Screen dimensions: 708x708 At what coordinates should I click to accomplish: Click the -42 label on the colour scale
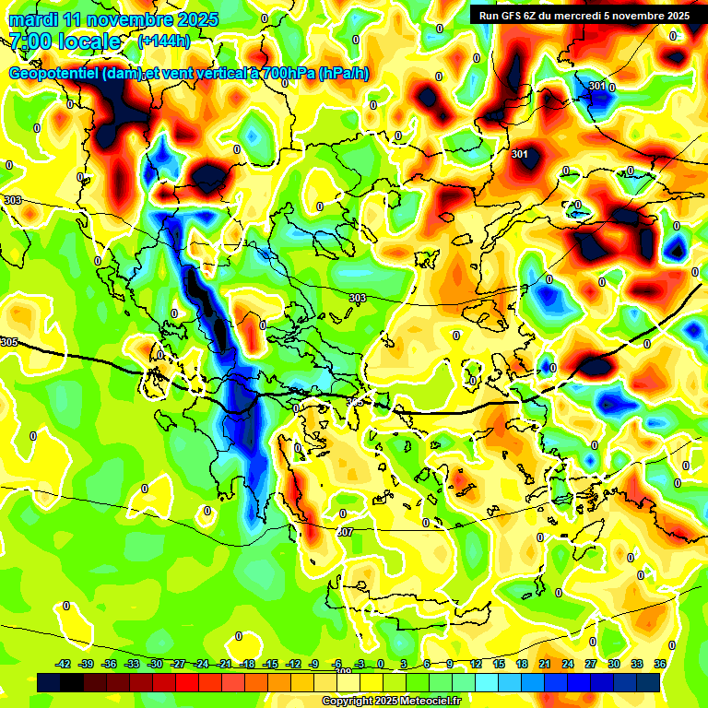(x=64, y=664)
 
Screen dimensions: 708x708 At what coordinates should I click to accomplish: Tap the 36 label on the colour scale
(x=660, y=664)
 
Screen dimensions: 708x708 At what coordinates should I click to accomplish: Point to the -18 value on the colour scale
(x=247, y=664)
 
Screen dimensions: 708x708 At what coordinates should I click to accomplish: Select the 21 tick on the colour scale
(x=545, y=664)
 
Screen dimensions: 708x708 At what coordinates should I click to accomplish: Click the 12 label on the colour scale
(x=476, y=664)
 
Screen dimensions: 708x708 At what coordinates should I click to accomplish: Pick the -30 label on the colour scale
(x=156, y=664)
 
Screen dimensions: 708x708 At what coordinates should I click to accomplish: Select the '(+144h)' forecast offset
(x=163, y=41)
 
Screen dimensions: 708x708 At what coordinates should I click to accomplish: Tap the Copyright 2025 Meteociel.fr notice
(x=390, y=701)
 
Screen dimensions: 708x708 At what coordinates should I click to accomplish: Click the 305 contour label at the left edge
(x=9, y=342)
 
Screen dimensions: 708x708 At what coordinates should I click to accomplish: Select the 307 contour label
(x=345, y=532)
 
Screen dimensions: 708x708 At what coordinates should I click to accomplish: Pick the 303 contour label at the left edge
(x=12, y=200)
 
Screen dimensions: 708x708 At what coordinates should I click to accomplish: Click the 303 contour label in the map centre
(x=358, y=298)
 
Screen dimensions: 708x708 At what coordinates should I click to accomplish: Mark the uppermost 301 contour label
(x=597, y=87)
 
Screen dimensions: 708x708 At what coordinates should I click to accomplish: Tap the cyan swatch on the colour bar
(x=487, y=682)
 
